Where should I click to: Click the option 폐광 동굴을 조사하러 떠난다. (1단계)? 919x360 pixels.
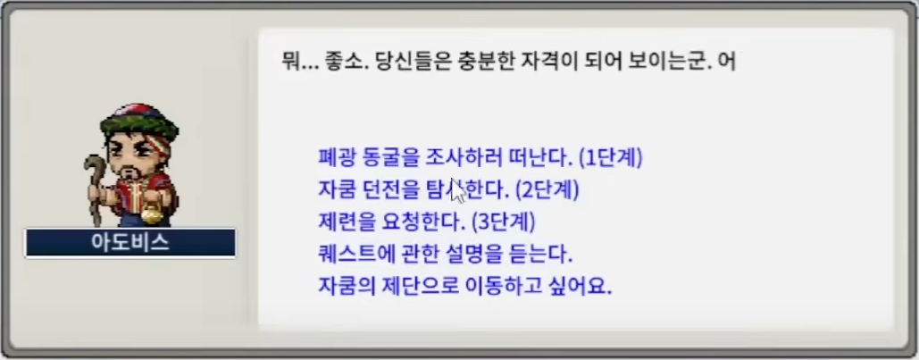click(x=480, y=158)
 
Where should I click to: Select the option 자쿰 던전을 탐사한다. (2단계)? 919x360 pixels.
click(x=448, y=190)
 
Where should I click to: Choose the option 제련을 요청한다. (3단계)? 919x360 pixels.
click(x=427, y=222)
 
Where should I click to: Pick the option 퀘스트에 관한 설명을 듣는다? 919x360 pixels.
click(x=445, y=255)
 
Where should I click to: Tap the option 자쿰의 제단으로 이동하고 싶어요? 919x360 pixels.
click(x=464, y=288)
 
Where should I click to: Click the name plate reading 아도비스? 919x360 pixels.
click(x=130, y=243)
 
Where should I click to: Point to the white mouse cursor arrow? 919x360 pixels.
click(x=458, y=190)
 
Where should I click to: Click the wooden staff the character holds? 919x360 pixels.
click(x=94, y=188)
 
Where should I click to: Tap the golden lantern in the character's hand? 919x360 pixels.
click(x=152, y=213)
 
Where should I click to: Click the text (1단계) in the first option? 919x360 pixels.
click(x=610, y=158)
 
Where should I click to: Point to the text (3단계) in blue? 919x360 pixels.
click(x=504, y=222)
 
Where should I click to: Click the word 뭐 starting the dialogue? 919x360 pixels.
click(x=291, y=62)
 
